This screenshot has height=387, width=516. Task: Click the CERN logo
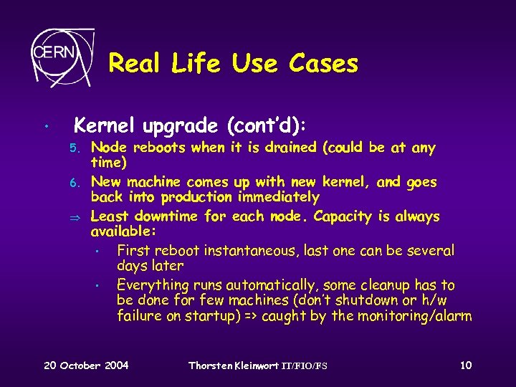click(x=62, y=54)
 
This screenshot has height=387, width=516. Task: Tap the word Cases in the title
click(x=323, y=64)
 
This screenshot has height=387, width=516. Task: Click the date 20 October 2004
click(x=86, y=365)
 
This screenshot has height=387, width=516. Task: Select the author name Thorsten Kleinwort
click(x=232, y=365)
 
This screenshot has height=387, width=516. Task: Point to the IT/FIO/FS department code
click(x=303, y=366)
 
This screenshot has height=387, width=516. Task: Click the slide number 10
click(x=466, y=365)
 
